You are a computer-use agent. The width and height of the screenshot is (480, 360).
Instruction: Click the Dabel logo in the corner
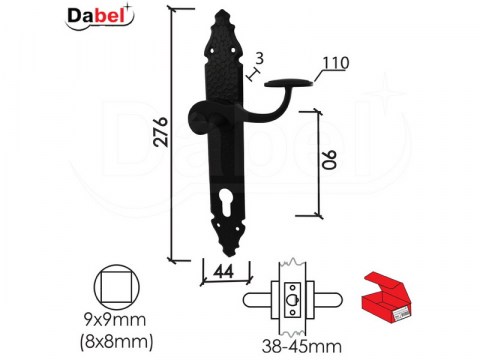pyautogui.click(x=100, y=17)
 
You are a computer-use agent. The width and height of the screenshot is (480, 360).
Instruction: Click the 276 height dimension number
pyautogui.click(x=161, y=131)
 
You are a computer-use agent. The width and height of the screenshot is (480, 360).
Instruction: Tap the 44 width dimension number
pyautogui.click(x=223, y=272)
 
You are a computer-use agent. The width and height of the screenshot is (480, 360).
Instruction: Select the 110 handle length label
pyautogui.click(x=336, y=63)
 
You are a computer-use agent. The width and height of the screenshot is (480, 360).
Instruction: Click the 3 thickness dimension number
pyautogui.click(x=259, y=58)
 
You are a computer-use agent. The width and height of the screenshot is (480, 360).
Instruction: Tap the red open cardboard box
pyautogui.click(x=387, y=298)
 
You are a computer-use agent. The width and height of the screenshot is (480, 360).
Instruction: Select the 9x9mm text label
pyautogui.click(x=116, y=320)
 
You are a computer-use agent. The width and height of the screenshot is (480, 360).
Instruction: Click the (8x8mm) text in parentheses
pyautogui.click(x=116, y=341)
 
